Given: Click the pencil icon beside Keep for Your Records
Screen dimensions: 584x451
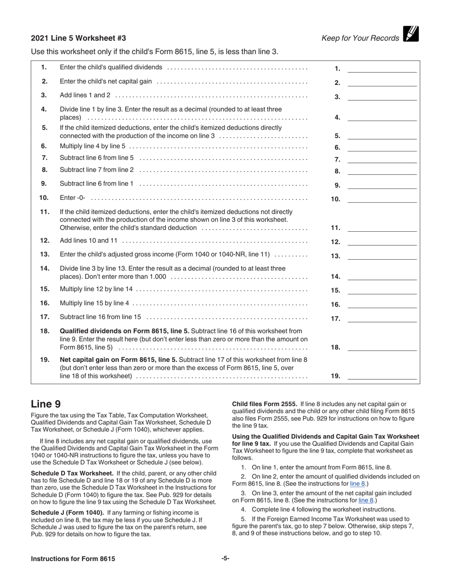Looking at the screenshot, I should click(x=411, y=34).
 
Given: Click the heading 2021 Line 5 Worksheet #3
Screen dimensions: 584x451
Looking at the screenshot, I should click(x=78, y=38).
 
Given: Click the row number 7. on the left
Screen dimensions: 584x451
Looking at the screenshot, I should click(x=44, y=158).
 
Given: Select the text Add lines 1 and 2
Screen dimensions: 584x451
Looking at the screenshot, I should click(x=85, y=95).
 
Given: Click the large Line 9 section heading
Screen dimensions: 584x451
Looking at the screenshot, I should click(x=46, y=405).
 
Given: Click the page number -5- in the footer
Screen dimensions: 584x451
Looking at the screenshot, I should click(x=225, y=558).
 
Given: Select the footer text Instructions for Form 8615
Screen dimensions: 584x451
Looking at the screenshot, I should click(x=73, y=559).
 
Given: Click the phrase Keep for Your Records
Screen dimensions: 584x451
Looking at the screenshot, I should click(x=360, y=38).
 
